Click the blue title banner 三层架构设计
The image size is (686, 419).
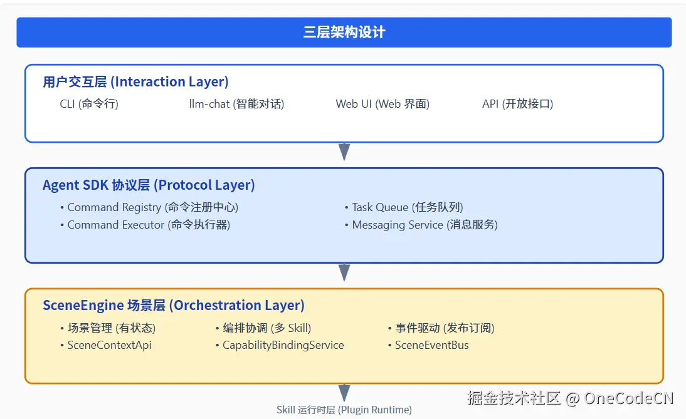click(344, 33)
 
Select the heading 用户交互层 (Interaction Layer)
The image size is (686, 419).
click(135, 82)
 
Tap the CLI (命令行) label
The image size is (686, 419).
click(89, 104)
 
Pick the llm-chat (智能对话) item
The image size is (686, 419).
click(236, 104)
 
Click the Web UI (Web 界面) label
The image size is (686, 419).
click(383, 104)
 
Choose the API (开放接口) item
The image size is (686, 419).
click(517, 104)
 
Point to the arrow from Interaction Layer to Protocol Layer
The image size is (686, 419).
click(344, 152)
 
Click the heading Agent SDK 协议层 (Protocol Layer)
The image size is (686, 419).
click(149, 185)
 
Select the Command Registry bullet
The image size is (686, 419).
click(152, 207)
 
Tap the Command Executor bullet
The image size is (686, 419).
click(149, 225)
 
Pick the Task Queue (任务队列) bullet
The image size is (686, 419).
click(407, 207)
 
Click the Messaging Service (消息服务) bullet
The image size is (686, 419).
click(425, 225)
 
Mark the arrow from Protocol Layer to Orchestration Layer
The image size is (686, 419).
click(344, 272)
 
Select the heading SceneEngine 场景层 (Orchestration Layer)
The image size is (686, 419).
click(174, 306)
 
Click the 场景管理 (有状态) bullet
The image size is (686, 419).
click(111, 328)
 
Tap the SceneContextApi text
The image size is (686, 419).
click(109, 345)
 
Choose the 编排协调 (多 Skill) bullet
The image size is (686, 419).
click(266, 328)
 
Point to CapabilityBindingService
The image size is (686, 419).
click(283, 345)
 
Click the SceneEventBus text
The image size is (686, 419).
click(431, 345)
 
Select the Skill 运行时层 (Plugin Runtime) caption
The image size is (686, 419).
click(344, 410)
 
